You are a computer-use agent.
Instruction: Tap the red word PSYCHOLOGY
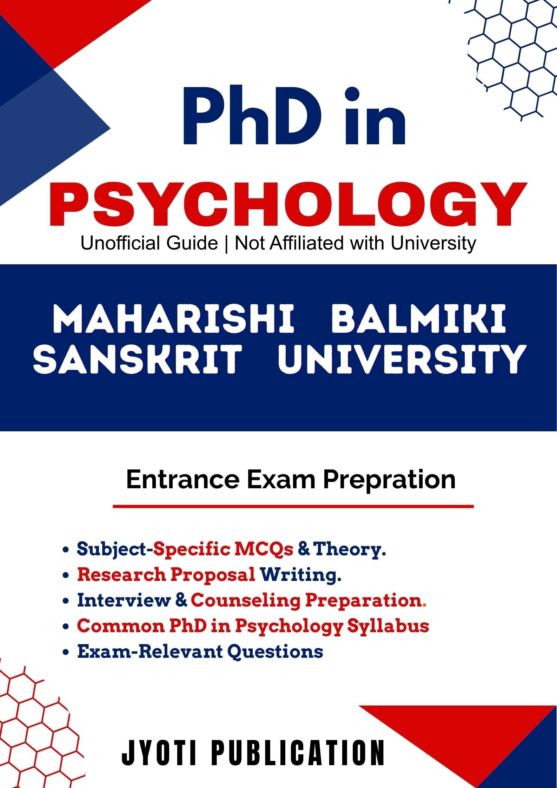pos(289,204)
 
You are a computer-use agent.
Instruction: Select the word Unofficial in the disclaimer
pos(149,243)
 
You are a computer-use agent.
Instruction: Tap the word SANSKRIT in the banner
pos(138,359)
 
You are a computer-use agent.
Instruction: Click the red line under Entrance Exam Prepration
pos(293,506)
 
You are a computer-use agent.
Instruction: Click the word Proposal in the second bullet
pos(213,575)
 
